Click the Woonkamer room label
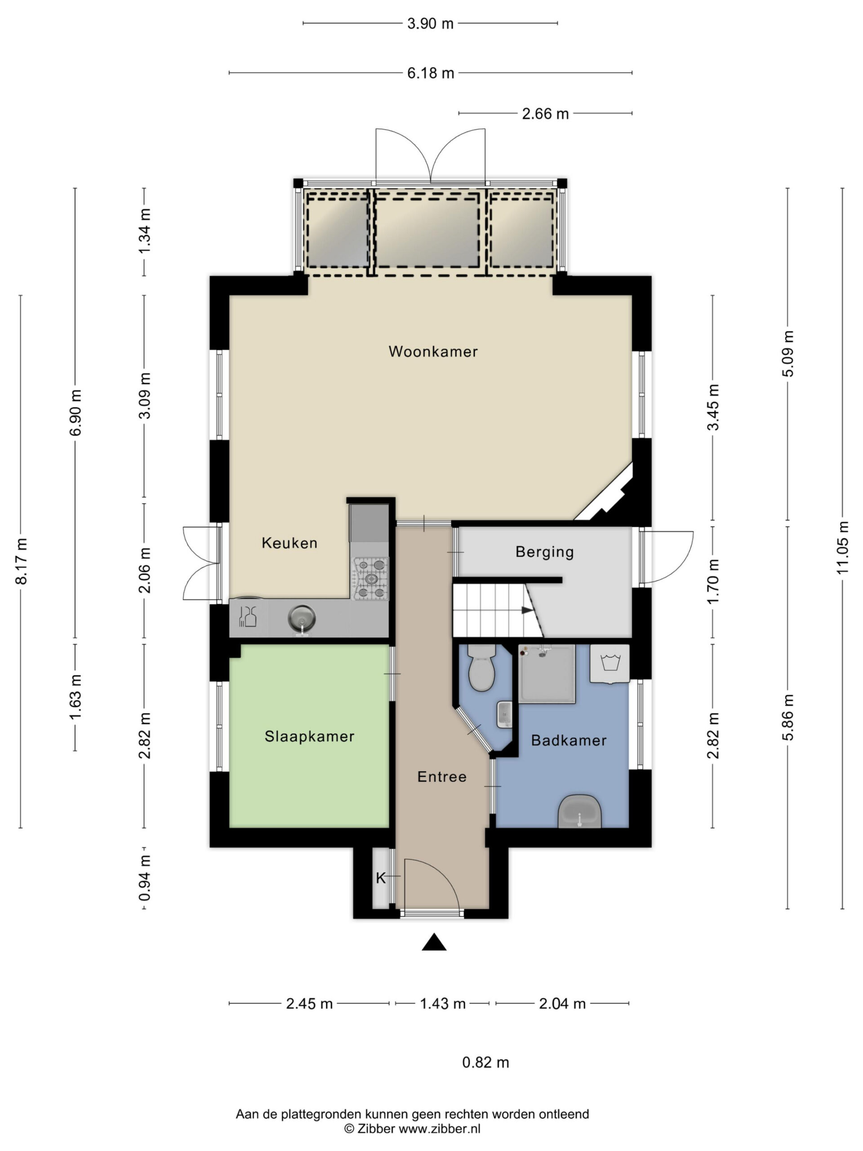[433, 351]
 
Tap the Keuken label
[289, 543]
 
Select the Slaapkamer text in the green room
[310, 736]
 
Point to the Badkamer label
[569, 741]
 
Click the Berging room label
[545, 552]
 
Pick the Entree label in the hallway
[442, 777]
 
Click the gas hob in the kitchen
[371, 579]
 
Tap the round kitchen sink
[302, 619]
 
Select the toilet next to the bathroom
[482, 668]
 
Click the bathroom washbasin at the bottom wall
[579, 811]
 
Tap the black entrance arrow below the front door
[434, 942]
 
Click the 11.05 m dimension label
[842, 548]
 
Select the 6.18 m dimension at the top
[431, 73]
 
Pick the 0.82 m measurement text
[485, 1062]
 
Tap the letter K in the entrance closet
[380, 879]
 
